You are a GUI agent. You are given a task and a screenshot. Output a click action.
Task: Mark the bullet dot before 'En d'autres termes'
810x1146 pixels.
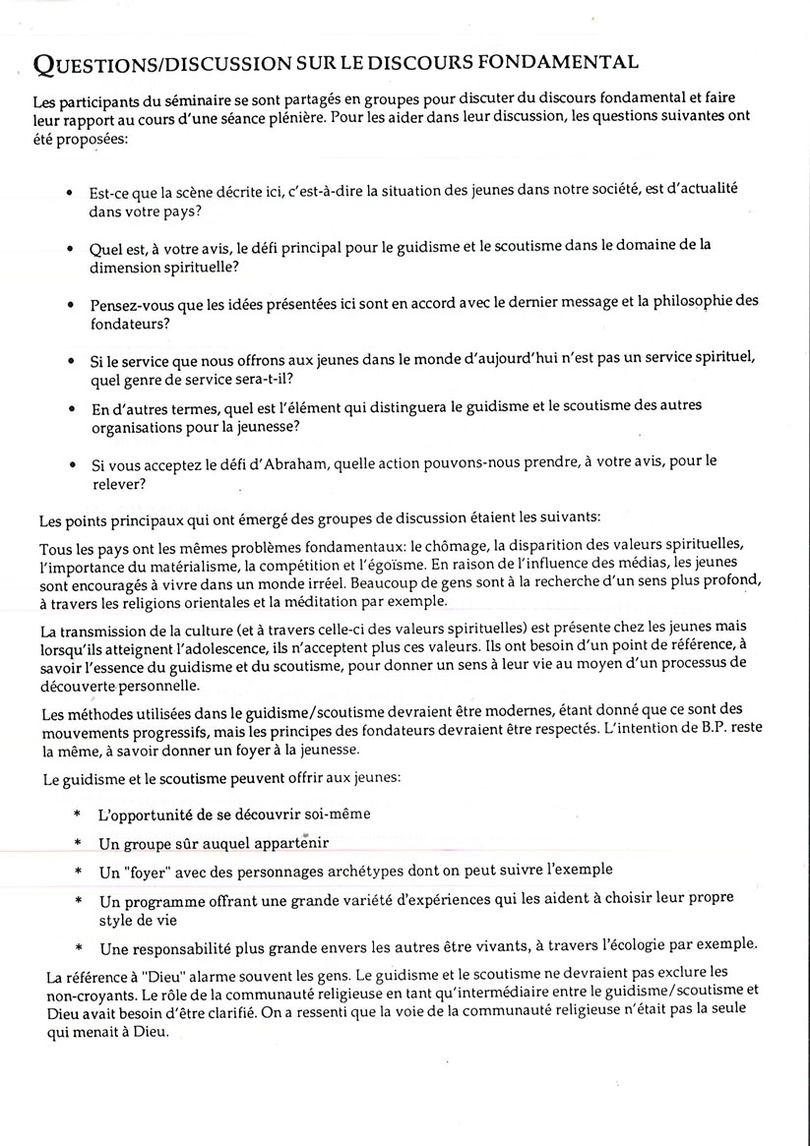68,407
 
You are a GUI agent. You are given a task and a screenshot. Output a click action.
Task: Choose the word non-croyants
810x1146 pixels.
92,995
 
